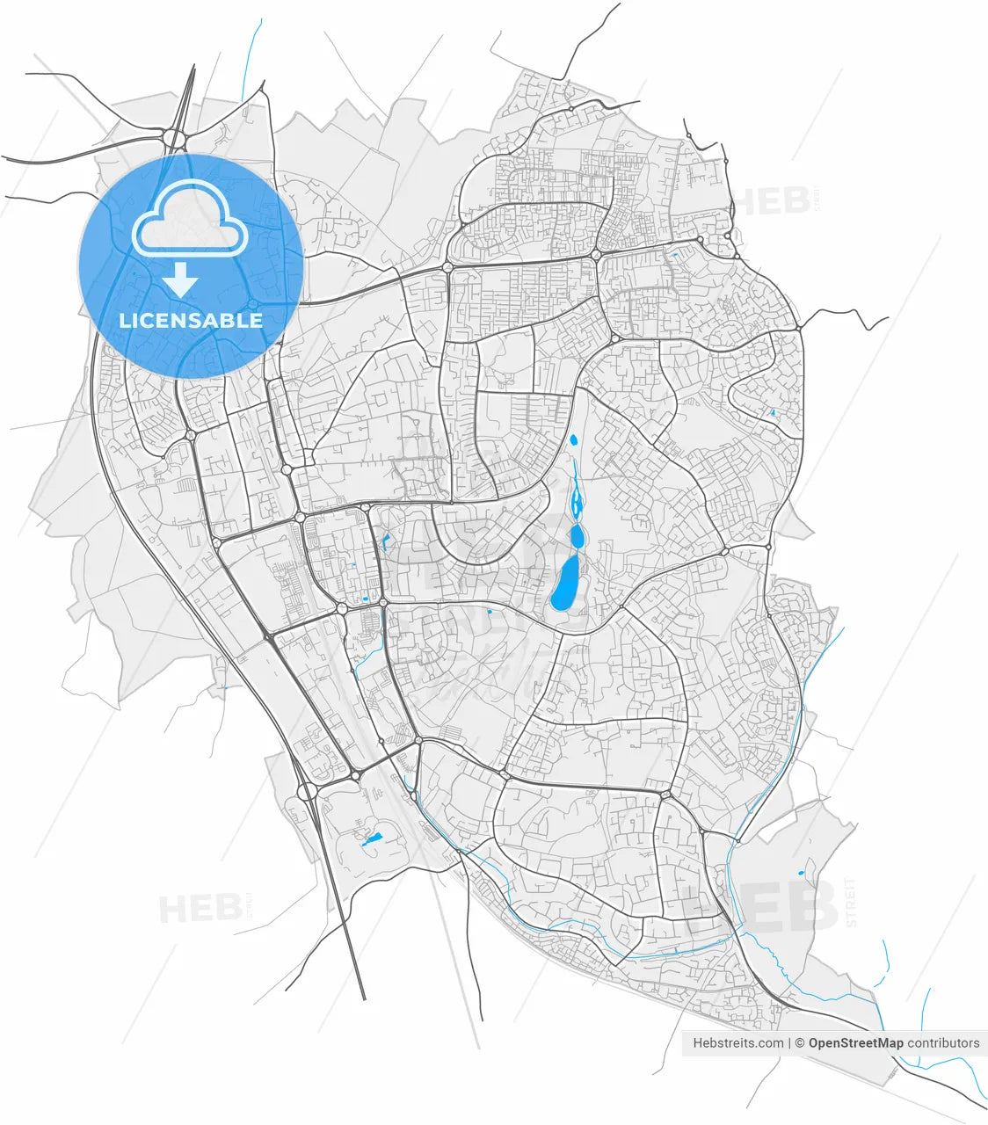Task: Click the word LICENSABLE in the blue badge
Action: [x=191, y=320]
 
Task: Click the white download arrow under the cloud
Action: [x=181, y=280]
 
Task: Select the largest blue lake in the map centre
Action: [x=564, y=583]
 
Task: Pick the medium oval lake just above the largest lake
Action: [x=577, y=534]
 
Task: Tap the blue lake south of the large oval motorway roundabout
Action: [x=373, y=838]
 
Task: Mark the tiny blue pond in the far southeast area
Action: [x=800, y=873]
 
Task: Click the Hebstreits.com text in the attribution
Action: [x=738, y=1043]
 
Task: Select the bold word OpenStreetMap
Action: [x=855, y=1043]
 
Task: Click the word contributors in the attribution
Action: [x=943, y=1043]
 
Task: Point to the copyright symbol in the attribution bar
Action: [x=799, y=1043]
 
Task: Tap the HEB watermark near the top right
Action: [x=772, y=201]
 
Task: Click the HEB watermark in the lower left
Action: [x=200, y=908]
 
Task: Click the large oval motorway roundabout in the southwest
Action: [x=308, y=792]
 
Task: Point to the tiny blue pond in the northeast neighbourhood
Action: [x=773, y=412]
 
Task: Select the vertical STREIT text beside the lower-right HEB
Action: [x=848, y=901]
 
